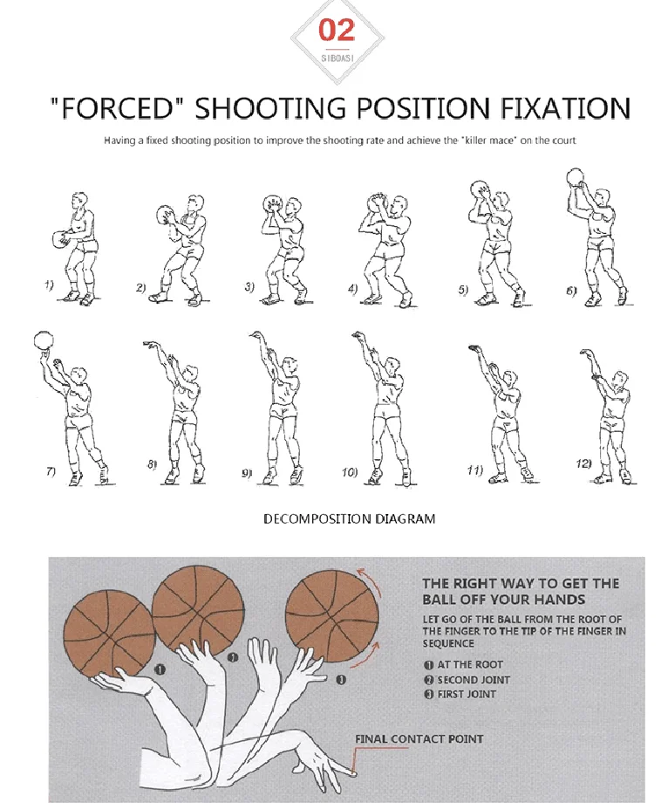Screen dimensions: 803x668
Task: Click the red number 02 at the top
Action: (x=336, y=31)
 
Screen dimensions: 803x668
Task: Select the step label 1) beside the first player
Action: (x=50, y=285)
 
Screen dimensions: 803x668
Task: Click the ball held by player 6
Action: (x=576, y=178)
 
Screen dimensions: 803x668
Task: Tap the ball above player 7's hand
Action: (x=41, y=340)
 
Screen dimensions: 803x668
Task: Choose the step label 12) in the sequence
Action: (x=583, y=463)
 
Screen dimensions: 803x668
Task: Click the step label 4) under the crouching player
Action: (x=352, y=288)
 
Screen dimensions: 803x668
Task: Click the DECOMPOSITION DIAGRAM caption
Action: (x=349, y=519)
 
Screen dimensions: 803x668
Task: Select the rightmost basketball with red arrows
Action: (x=333, y=614)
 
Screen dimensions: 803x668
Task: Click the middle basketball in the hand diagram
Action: (x=193, y=605)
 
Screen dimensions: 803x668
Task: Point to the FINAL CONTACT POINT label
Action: (x=419, y=739)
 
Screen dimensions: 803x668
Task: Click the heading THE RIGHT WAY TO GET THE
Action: (x=521, y=584)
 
